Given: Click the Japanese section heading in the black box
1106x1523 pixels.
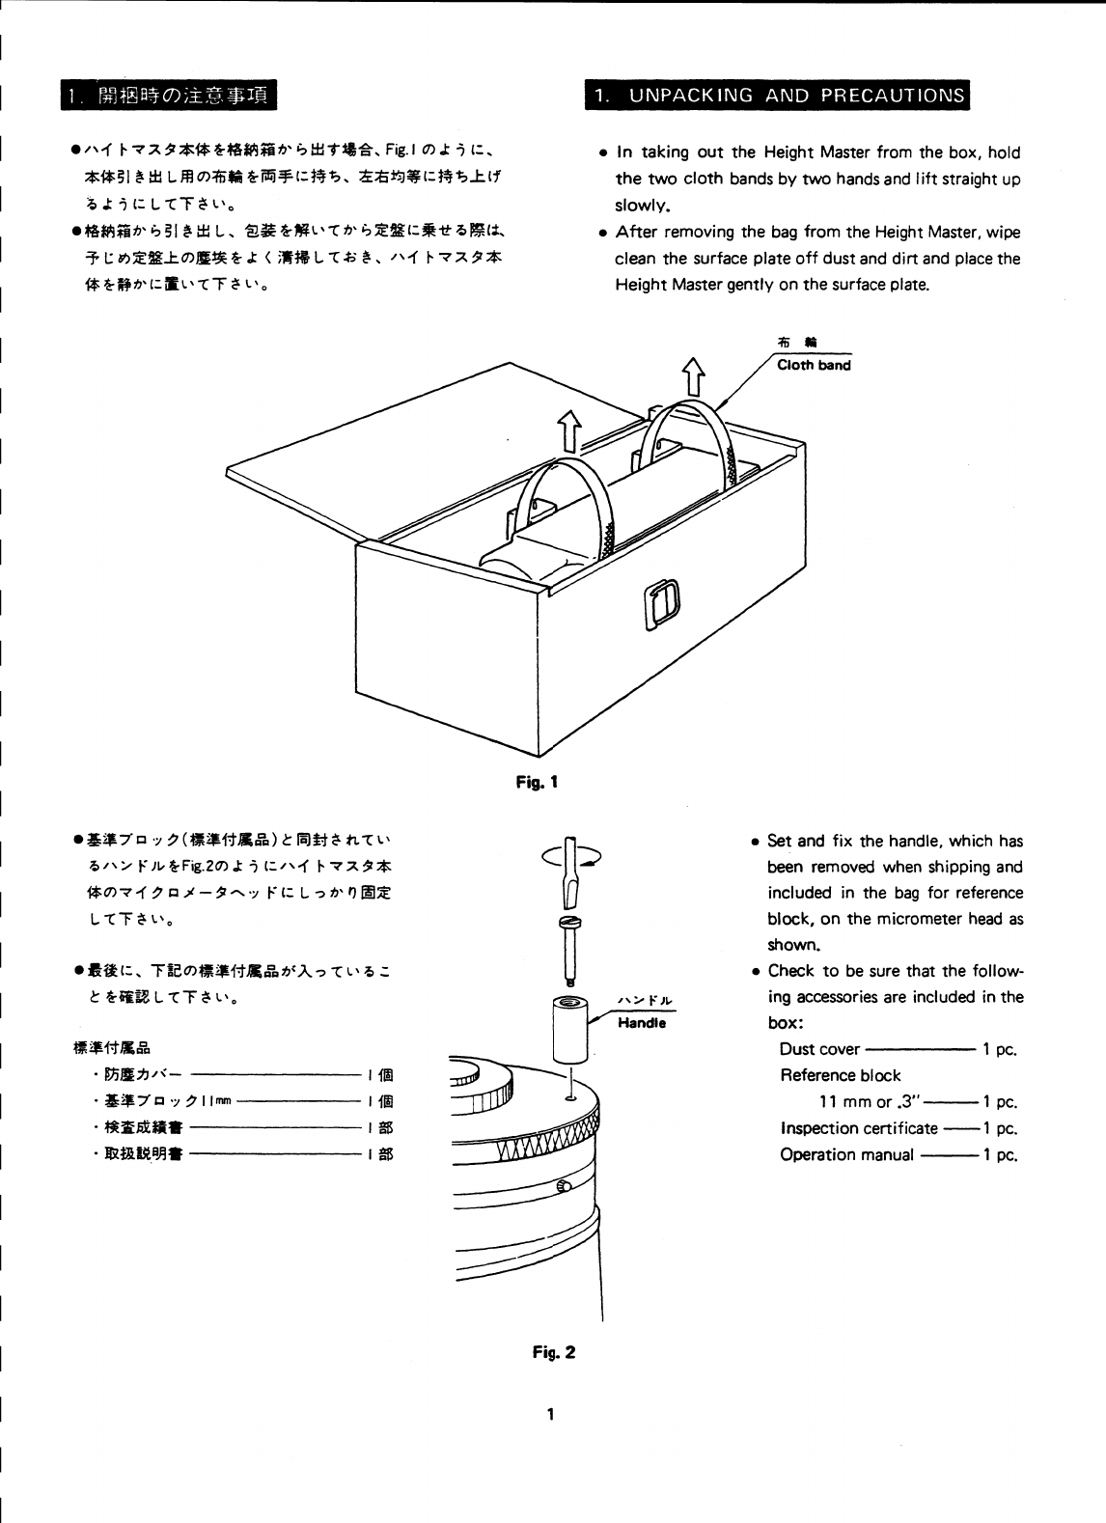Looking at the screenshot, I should click(x=170, y=95).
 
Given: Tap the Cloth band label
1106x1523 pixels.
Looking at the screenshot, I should click(x=814, y=366).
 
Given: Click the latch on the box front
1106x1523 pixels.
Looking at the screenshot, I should click(x=664, y=603).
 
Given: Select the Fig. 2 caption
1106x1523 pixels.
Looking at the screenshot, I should click(x=554, y=1352).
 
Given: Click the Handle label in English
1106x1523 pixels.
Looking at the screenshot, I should click(x=642, y=1023).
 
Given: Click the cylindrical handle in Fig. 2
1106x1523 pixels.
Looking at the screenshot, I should click(x=569, y=1029).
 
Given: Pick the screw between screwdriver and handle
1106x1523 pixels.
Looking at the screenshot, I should click(x=569, y=948).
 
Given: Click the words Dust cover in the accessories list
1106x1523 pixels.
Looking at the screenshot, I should click(x=819, y=1049).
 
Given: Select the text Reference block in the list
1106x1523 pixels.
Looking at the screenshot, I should click(x=840, y=1075).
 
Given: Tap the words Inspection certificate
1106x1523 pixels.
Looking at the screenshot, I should click(x=859, y=1128).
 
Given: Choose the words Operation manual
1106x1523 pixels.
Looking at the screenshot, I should click(x=846, y=1154).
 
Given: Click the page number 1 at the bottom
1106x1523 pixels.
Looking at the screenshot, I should click(x=550, y=1415).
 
